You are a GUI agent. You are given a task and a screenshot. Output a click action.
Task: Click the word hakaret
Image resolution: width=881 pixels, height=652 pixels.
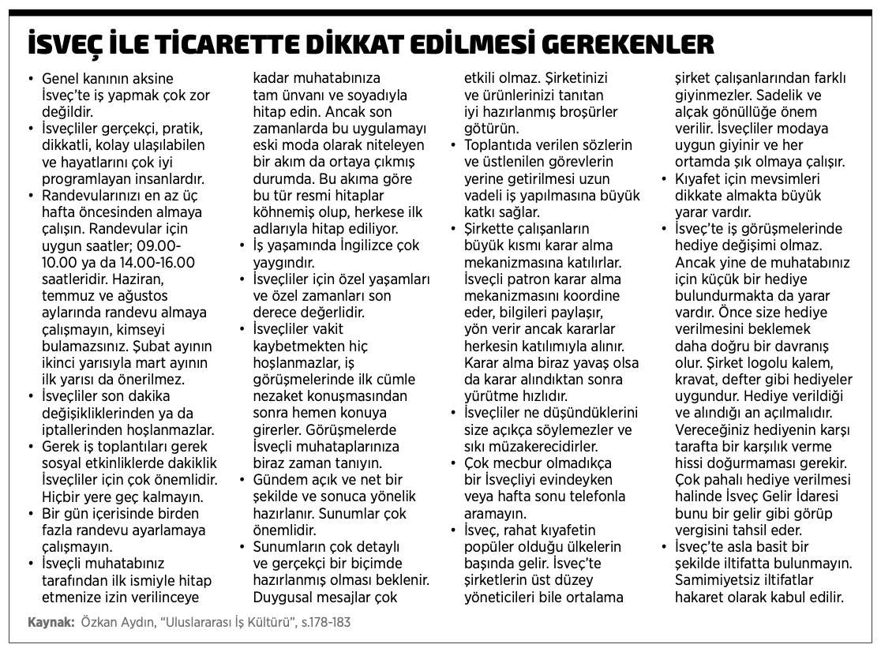click(701, 598)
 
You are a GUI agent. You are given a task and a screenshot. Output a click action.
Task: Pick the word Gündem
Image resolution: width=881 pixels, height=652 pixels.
click(278, 480)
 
